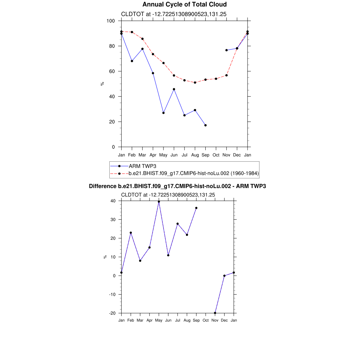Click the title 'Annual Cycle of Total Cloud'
pos(184,5)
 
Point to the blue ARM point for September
pos(205,125)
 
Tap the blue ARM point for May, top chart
pos(163,113)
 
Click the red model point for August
pos(195,83)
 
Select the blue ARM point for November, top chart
pos(226,50)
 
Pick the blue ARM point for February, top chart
pos(132,61)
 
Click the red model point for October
pos(216,79)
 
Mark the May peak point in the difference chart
pos(159,202)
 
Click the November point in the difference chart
pos(215,313)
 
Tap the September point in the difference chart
pos(196,208)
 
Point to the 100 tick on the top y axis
pos(111,21)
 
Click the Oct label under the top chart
pos(216,155)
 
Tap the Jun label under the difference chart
pos(168,320)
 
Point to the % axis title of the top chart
pos(102,84)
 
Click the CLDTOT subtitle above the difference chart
pos(168,194)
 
